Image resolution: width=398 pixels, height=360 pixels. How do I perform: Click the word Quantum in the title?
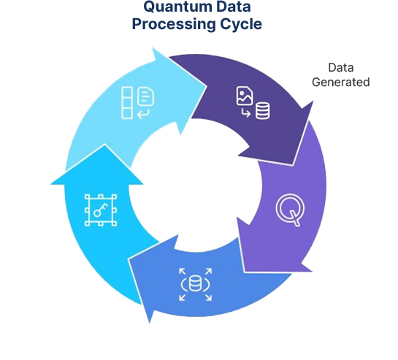(x=174, y=7)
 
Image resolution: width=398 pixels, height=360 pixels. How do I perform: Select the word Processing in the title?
(x=174, y=24)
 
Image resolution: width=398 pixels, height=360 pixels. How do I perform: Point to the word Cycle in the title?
(x=241, y=24)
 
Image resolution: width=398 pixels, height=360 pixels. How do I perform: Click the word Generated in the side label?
(x=340, y=82)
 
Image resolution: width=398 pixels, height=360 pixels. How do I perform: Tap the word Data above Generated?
(x=341, y=67)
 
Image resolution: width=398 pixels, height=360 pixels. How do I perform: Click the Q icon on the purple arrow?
(x=290, y=210)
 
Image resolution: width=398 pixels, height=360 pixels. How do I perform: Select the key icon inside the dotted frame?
(x=101, y=210)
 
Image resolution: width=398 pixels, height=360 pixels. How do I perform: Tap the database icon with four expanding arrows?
(x=195, y=284)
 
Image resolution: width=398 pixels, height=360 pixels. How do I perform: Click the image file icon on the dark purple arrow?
(x=245, y=96)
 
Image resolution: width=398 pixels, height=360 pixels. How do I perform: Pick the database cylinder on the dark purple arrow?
(x=262, y=111)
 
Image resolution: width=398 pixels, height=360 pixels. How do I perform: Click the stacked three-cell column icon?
(x=127, y=102)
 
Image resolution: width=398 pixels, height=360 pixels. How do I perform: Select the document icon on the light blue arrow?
(x=146, y=96)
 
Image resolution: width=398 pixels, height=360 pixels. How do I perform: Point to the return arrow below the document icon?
(x=143, y=114)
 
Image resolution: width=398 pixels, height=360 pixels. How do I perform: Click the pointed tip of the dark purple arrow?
(x=293, y=165)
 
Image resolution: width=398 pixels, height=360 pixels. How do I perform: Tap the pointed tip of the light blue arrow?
(x=207, y=86)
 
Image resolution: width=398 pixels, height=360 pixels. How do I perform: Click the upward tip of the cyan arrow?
(x=104, y=145)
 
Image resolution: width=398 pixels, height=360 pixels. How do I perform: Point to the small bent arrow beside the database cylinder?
(x=245, y=112)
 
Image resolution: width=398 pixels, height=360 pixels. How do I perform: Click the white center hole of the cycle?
(x=196, y=185)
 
